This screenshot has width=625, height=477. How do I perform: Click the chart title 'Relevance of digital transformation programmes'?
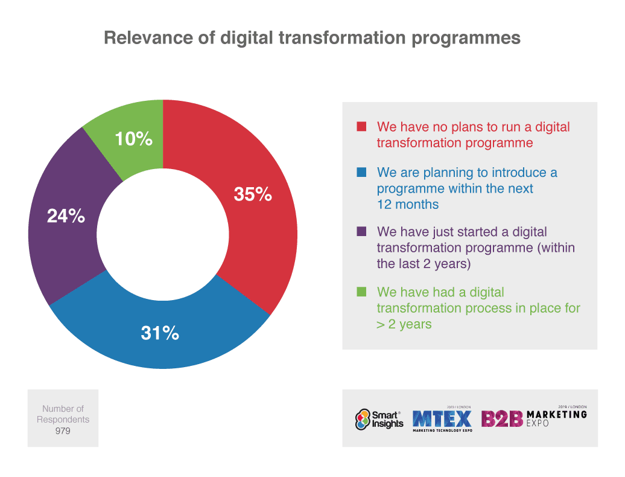pyautogui.click(x=312, y=37)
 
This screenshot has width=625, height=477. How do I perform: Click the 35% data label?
pyautogui.click(x=253, y=194)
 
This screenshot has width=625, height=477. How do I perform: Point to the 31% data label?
pyautogui.click(x=160, y=333)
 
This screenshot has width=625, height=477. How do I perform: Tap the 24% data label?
pyautogui.click(x=66, y=216)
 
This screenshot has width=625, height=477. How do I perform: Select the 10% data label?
pyautogui.click(x=134, y=139)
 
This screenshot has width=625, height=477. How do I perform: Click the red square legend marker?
pyautogui.click(x=361, y=127)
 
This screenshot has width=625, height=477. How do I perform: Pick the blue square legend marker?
pyautogui.click(x=361, y=173)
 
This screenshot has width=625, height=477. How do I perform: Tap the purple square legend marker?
pyautogui.click(x=361, y=232)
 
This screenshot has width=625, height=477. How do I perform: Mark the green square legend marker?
pyautogui.click(x=361, y=292)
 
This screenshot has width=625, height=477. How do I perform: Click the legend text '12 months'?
pyautogui.click(x=407, y=204)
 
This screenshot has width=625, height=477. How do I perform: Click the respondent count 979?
pyautogui.click(x=63, y=431)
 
